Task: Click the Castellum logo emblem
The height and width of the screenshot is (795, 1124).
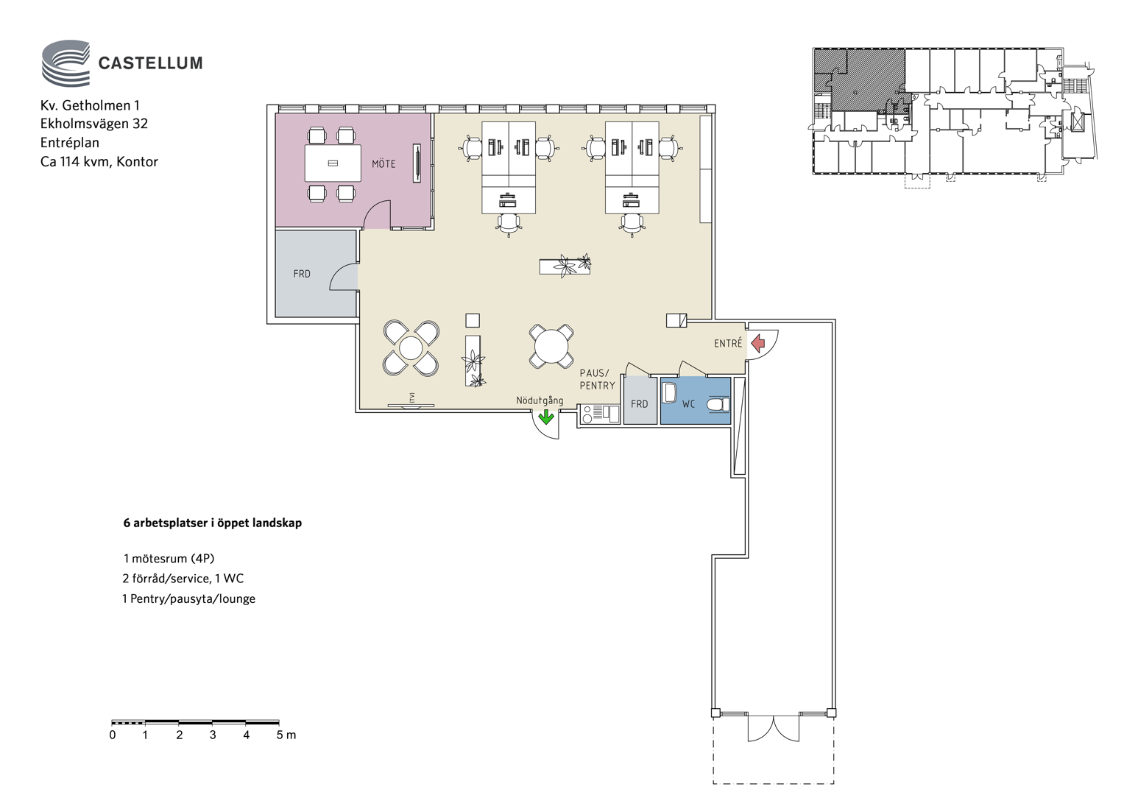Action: point(66,64)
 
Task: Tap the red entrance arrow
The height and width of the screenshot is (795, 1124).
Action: point(757,344)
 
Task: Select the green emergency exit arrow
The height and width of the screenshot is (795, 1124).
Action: point(546,417)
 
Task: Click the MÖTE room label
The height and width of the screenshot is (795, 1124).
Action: point(383,163)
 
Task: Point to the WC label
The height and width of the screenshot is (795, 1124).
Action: point(688,403)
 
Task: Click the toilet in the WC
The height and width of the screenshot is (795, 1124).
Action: point(718,405)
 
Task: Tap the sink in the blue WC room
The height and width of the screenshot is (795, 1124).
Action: point(669,392)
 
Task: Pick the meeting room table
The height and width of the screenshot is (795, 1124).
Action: point(333,163)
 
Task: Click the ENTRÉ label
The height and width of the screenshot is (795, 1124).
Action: point(728,343)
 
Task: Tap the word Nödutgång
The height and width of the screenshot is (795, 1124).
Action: point(540,400)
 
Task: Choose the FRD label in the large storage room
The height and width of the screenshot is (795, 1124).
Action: point(302,274)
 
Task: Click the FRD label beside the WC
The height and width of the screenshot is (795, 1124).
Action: point(639,404)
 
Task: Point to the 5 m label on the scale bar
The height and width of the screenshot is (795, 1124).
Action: point(286,735)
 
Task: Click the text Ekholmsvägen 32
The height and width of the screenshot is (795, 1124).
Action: point(94,124)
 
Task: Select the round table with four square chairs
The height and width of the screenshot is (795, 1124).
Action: point(551,347)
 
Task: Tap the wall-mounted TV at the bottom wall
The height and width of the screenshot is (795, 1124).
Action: point(411,405)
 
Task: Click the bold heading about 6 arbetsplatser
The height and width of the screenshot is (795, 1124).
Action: point(213,523)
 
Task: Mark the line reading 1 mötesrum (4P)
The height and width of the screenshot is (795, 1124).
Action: point(169,559)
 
